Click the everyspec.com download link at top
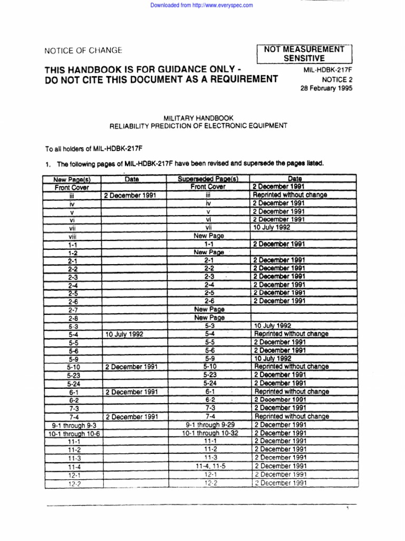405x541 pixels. pos(202,5)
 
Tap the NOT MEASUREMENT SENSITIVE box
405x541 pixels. pos(305,53)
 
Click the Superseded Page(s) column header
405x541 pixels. pos(208,180)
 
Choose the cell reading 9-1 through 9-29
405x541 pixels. pos(209,424)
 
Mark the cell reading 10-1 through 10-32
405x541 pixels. pos(209,433)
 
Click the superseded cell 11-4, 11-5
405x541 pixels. pos(209,466)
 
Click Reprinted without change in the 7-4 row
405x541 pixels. pos(291,416)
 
